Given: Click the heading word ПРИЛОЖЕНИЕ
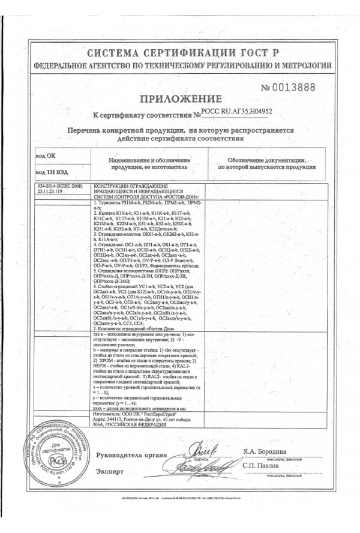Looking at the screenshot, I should point(181,99).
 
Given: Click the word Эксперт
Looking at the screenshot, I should point(111,472).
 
